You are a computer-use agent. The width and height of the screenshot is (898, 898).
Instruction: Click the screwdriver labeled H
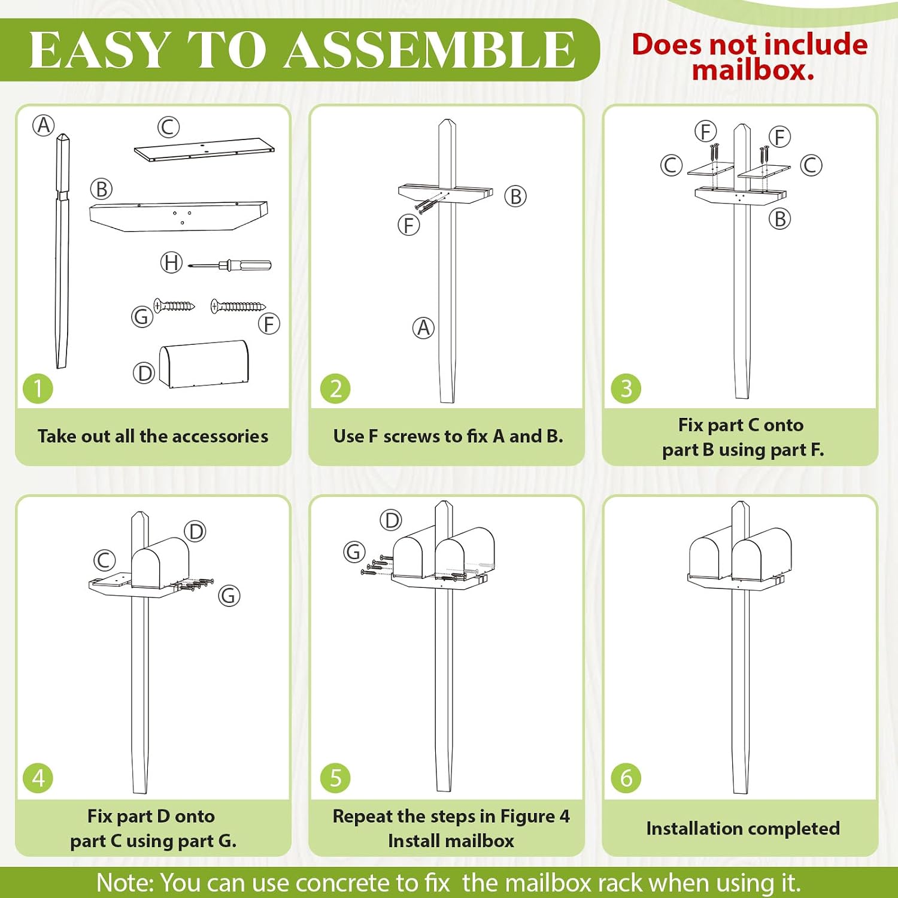(230, 265)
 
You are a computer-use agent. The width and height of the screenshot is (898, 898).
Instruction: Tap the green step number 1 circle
(38, 389)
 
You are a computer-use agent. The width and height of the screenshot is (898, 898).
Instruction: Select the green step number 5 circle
(335, 778)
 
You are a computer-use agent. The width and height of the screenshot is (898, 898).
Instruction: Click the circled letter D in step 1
(144, 373)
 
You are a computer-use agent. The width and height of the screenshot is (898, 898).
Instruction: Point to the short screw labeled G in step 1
(174, 306)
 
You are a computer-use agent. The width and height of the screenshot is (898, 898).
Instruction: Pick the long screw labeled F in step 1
(238, 307)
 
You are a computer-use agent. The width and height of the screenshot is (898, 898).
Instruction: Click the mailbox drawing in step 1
(204, 364)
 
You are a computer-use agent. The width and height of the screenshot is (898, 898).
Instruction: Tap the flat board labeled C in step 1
(204, 149)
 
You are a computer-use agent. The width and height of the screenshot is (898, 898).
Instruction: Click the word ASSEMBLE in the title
(430, 50)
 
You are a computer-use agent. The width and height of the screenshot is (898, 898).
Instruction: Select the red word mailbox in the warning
(753, 71)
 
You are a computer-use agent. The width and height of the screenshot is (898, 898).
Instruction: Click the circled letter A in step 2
(423, 328)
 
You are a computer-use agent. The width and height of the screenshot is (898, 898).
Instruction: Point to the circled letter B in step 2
(515, 196)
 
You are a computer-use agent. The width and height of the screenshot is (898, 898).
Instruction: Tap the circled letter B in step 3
(780, 219)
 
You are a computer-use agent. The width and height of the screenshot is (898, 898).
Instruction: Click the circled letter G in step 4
(229, 596)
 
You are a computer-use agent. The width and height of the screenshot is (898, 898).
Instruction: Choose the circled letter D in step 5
(391, 520)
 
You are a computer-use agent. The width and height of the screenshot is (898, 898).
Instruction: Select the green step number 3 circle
(626, 389)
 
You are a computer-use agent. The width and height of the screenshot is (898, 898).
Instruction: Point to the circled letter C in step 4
(104, 560)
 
